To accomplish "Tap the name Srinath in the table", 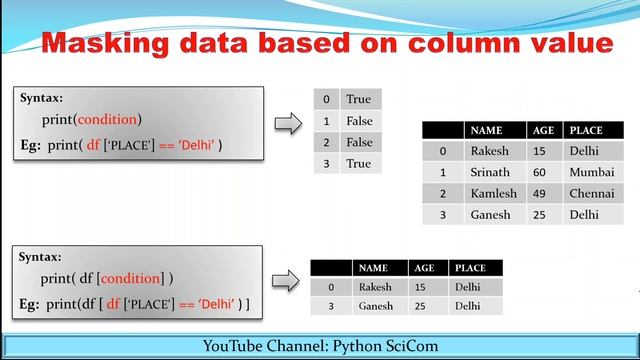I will [490, 172].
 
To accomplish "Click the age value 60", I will [539, 172].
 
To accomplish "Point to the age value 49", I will [539, 193].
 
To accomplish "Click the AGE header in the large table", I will [541, 130].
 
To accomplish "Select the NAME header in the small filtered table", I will [372, 268].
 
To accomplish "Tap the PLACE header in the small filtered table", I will [469, 268].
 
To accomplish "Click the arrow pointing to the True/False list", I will [287, 123].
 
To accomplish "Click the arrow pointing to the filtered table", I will [287, 281].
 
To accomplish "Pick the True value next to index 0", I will [357, 100].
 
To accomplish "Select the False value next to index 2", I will [358, 142].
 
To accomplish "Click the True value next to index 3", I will [357, 163].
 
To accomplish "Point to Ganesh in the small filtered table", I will [375, 306].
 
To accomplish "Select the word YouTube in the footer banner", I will [236, 346].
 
